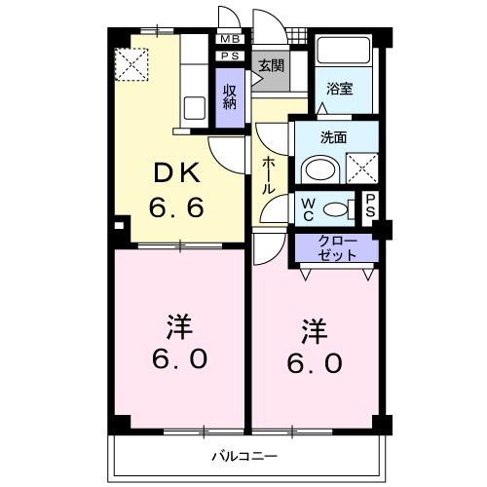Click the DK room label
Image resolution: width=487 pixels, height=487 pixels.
point(175,174)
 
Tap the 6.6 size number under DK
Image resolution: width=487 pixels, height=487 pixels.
point(175,207)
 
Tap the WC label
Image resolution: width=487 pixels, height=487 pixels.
point(306,207)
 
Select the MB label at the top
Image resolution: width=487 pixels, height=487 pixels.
point(230,39)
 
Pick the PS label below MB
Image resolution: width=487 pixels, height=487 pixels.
point(230,56)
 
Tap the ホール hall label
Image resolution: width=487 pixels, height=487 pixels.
point(267,176)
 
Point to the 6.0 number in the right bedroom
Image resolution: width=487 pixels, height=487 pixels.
point(314,362)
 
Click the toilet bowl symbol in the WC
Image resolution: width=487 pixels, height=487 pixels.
point(337,207)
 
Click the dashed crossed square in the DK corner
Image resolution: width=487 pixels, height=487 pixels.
point(129,64)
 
